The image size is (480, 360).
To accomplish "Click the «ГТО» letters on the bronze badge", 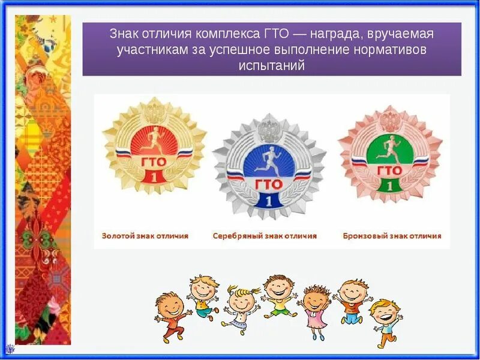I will tap(390, 170).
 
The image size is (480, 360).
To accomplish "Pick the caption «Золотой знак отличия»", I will tap(145, 236).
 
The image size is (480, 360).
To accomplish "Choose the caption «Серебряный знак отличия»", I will tap(265, 236).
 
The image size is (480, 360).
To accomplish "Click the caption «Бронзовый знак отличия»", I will tap(392, 236).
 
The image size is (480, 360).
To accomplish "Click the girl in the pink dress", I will tap(314, 309).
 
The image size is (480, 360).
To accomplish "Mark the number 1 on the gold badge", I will tap(154, 176).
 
